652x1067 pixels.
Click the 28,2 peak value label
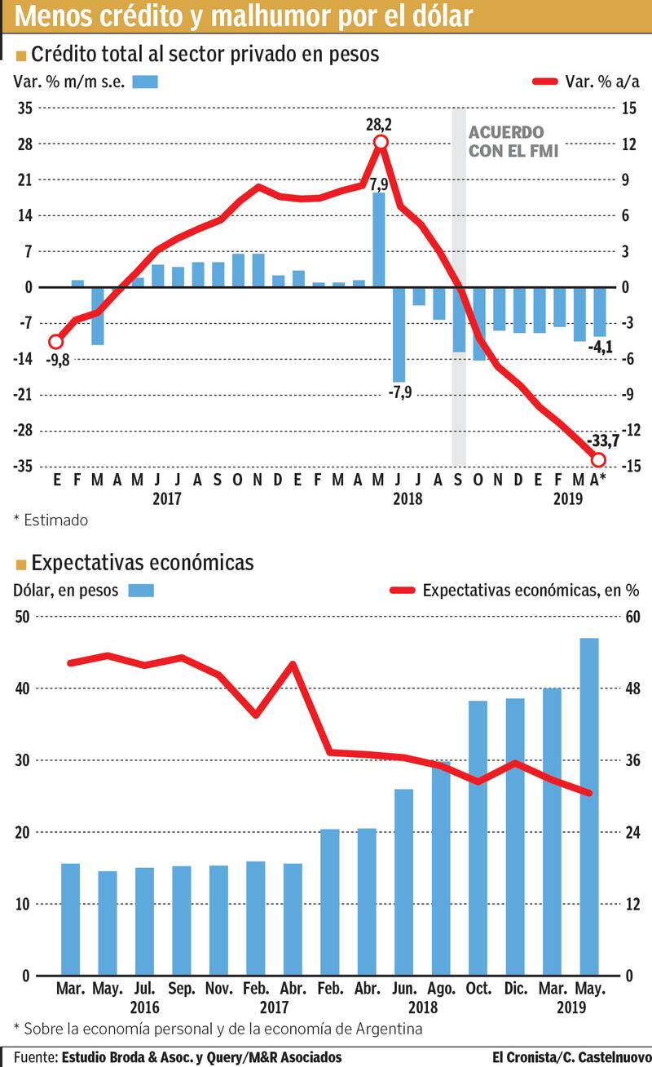tap(379, 125)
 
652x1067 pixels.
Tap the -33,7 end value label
tap(603, 441)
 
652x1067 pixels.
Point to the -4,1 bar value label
tap(601, 347)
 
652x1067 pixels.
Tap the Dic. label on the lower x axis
tap(515, 989)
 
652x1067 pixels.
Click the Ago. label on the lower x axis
tap(441, 989)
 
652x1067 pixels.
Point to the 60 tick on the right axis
tap(633, 617)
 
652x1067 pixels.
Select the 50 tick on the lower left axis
tap(22, 617)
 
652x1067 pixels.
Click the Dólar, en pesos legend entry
tap(66, 590)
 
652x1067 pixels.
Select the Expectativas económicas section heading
tap(142, 562)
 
